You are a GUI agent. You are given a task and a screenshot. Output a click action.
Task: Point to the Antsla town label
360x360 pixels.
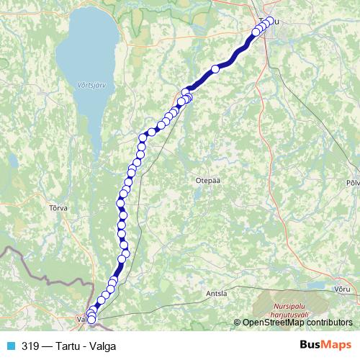216,294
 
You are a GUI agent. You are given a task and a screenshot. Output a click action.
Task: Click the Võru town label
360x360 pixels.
343,288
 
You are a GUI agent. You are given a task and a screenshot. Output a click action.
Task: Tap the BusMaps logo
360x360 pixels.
325,346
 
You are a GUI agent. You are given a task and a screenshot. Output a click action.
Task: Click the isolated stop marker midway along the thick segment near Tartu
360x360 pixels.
215,68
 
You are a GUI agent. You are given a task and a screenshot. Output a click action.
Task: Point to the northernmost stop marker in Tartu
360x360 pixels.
271,21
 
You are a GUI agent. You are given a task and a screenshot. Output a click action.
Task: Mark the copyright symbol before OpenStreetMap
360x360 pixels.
238,323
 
